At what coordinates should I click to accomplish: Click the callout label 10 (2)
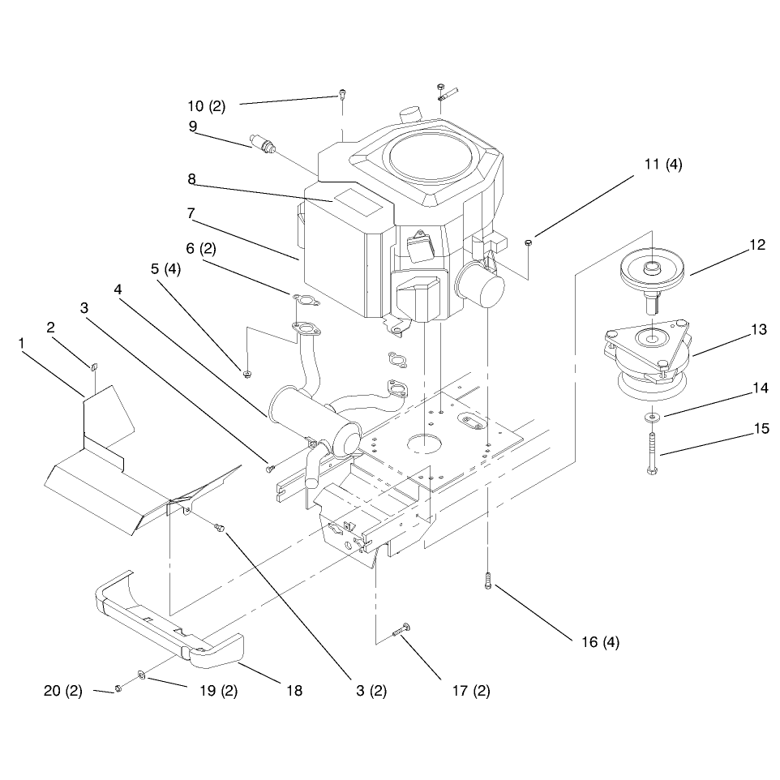207,106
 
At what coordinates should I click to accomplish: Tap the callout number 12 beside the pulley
757,245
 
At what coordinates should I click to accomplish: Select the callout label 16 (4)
601,642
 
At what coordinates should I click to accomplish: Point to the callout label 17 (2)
471,691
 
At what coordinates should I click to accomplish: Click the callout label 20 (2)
63,691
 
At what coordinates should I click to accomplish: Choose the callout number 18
294,691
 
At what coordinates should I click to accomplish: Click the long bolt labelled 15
652,452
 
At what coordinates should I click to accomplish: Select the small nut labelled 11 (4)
529,242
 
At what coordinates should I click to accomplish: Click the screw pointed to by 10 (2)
342,93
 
